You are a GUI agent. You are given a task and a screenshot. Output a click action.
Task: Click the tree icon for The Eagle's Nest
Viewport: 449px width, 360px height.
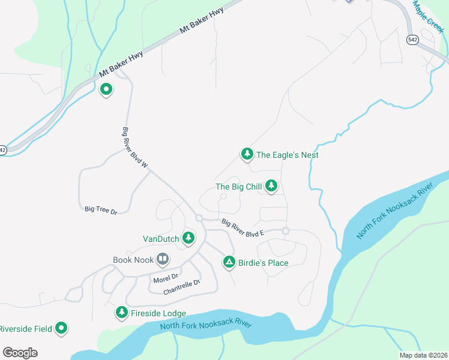(246, 154)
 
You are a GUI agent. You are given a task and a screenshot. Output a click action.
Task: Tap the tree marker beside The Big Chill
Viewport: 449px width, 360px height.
(271, 187)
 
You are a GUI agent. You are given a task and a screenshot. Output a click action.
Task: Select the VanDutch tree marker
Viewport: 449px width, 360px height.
(188, 238)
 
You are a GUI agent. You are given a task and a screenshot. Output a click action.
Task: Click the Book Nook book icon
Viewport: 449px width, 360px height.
(162, 260)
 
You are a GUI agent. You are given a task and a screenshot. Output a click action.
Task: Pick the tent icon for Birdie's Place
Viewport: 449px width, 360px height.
(229, 262)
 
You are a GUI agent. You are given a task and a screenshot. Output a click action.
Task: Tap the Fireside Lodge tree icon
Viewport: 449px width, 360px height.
(121, 313)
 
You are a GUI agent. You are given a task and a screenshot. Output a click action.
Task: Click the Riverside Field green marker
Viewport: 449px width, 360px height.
(61, 328)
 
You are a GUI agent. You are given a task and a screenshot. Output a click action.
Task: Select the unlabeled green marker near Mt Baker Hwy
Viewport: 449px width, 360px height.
(106, 90)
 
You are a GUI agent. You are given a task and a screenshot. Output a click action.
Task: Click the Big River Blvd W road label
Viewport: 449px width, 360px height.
(135, 147)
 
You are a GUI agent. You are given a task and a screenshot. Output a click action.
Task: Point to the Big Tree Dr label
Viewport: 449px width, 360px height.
(100, 209)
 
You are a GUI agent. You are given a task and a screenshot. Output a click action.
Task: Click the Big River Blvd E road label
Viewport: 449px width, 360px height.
(243, 228)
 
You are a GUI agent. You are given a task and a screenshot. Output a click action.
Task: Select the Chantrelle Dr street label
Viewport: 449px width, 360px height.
(181, 287)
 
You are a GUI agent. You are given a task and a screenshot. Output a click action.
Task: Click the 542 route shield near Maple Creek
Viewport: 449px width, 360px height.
(412, 40)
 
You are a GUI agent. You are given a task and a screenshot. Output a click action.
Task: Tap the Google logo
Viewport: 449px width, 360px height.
(20, 353)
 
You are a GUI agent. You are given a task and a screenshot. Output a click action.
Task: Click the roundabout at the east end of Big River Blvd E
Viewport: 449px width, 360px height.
(286, 231)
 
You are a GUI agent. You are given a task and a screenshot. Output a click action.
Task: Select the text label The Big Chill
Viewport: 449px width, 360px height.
(239, 187)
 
